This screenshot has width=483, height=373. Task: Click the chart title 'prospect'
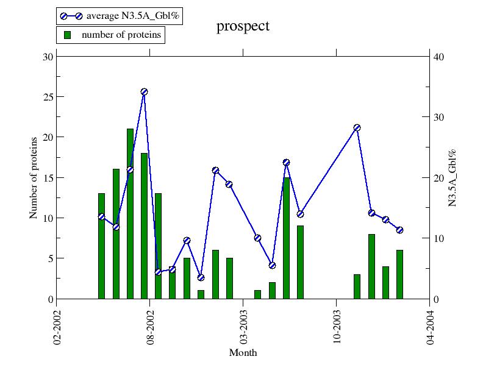[x=243, y=26]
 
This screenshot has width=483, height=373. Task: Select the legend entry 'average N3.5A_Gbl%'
[x=119, y=16]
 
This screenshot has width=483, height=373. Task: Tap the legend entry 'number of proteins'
[x=113, y=35]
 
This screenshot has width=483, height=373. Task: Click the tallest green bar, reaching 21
[x=130, y=213]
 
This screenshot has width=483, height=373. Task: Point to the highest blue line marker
[x=144, y=92]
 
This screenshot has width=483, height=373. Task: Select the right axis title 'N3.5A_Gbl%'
[x=453, y=177]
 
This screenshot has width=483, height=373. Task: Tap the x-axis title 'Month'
[x=243, y=353]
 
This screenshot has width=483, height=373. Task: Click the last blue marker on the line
[x=399, y=230]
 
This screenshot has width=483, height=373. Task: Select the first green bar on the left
[x=101, y=246]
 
